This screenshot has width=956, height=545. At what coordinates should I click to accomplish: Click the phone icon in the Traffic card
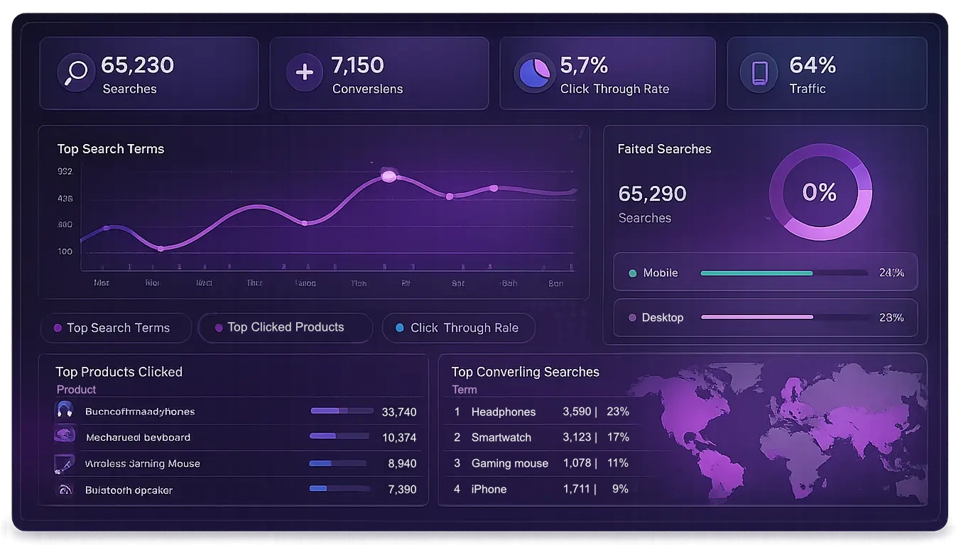tap(760, 73)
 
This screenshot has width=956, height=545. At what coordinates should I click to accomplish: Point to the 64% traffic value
tap(813, 65)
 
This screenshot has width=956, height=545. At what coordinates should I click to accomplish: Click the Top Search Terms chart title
tap(111, 149)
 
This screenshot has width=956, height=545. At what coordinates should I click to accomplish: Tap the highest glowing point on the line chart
tap(389, 176)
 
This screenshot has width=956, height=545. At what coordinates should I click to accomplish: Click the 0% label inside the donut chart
tap(819, 192)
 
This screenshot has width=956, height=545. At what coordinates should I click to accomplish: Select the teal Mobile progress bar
tap(756, 273)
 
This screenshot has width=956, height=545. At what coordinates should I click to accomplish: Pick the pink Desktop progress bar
tap(756, 317)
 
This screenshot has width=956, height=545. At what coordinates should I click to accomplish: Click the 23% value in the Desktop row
tap(891, 317)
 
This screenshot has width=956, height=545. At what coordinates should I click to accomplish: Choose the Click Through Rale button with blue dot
tap(458, 328)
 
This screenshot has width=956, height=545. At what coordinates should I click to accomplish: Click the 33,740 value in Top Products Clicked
tap(398, 412)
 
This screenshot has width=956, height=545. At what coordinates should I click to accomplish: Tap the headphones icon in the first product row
tap(65, 410)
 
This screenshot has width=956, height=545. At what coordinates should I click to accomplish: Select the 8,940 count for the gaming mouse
tap(402, 463)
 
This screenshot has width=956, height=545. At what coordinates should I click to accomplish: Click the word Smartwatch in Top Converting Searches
tap(501, 437)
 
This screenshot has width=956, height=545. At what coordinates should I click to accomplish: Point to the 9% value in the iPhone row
tap(620, 489)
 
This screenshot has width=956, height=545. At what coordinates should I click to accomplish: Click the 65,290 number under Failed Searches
tap(652, 194)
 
